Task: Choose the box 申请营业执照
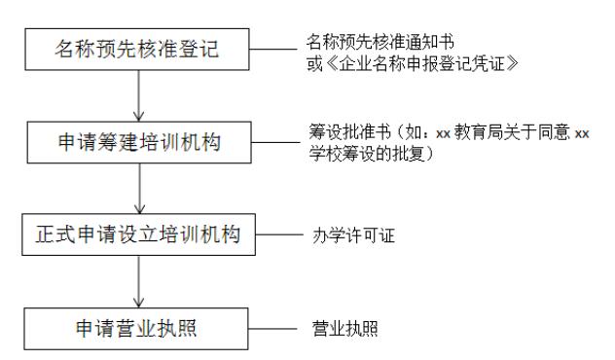click(x=143, y=324)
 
